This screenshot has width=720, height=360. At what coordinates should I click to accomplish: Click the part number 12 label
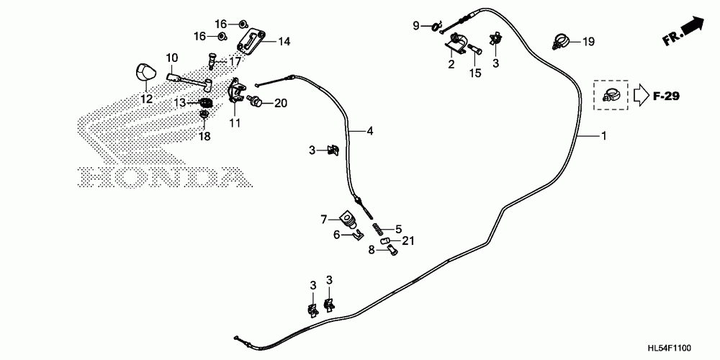tap(146, 99)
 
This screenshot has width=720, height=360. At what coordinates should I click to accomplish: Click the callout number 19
tap(588, 42)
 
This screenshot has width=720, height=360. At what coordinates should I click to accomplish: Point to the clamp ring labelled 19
tap(562, 40)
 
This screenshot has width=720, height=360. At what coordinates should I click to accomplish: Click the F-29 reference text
tap(667, 96)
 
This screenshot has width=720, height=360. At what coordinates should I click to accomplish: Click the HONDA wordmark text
tap(158, 176)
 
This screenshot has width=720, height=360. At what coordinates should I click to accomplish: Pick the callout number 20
tap(280, 103)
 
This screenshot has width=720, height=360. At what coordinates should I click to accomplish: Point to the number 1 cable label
tap(603, 135)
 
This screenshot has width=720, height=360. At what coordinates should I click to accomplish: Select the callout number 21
tap(408, 240)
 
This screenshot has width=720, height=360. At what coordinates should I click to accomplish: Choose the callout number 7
tap(324, 218)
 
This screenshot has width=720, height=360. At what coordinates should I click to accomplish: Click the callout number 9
tap(415, 27)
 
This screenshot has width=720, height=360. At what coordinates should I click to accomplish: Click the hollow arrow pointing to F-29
tap(641, 94)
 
